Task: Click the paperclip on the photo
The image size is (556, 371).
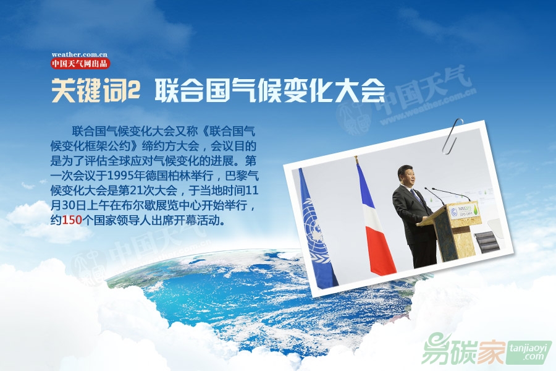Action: pyautogui.click(x=453, y=135)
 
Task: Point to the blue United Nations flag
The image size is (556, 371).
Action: pyautogui.click(x=316, y=235)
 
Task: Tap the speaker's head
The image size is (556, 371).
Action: pyautogui.click(x=405, y=176)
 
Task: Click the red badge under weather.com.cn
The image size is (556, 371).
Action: pyautogui.click(x=81, y=63)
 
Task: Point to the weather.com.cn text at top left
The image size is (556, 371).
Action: pyautogui.click(x=80, y=54)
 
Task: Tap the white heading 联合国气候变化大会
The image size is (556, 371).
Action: pyautogui.click(x=269, y=91)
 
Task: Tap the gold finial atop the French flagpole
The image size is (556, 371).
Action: pyautogui.click(x=356, y=160)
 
